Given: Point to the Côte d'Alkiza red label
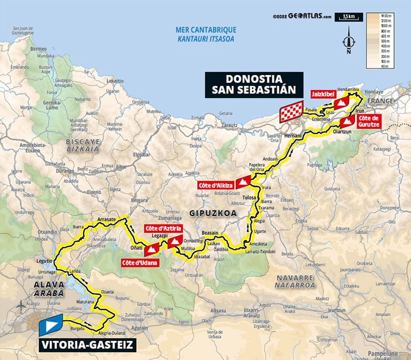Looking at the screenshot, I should pos(215,185).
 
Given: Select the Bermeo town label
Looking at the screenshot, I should pos(39,48).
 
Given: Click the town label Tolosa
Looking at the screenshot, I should pos(250,197).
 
